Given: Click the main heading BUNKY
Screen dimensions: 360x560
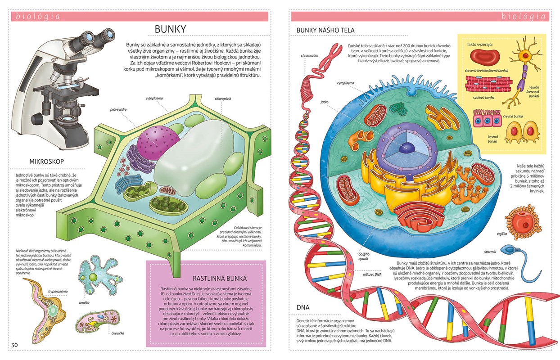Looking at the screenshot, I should click(x=170, y=29).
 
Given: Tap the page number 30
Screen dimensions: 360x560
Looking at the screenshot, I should click(x=14, y=345).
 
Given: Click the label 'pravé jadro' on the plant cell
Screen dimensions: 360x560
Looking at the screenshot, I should click(x=118, y=109).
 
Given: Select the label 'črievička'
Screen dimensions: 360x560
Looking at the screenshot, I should click(x=117, y=333).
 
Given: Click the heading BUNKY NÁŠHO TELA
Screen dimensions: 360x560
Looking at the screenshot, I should click(x=325, y=30).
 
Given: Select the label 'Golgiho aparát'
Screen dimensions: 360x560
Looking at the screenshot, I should click(x=364, y=256).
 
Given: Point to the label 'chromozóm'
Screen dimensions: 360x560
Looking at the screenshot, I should click(x=310, y=56).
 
